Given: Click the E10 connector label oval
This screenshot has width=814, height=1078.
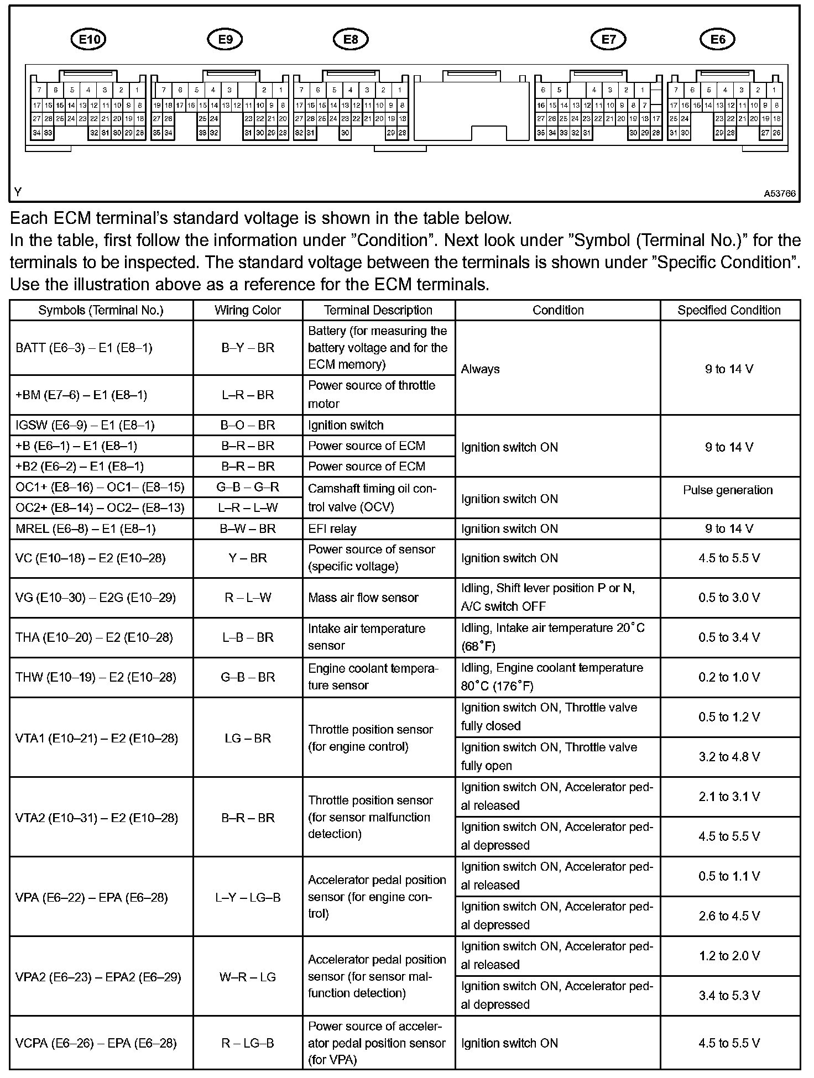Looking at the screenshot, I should click(88, 39).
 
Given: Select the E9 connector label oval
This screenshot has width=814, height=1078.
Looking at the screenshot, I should click(225, 39).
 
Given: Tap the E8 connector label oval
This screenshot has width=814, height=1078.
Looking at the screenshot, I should click(351, 39).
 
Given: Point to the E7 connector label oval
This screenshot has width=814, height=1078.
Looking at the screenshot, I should click(608, 39).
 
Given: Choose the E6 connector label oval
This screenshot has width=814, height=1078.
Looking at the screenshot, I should click(718, 39).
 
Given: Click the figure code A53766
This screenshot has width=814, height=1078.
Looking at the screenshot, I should click(780, 193).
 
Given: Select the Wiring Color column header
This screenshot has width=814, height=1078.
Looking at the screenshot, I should click(248, 310).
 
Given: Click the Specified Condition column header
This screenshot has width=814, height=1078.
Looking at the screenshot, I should click(729, 310).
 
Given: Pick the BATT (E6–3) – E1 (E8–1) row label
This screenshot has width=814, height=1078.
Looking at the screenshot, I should click(84, 348).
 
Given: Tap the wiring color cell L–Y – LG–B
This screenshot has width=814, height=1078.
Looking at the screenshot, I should click(248, 897).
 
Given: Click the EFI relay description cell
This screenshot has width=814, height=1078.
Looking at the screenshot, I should click(332, 528).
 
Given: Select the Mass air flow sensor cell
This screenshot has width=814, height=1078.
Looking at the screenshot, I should click(363, 598).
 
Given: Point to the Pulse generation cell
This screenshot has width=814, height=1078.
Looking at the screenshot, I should click(728, 490).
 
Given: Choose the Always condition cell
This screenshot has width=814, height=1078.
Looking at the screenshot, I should click(481, 369).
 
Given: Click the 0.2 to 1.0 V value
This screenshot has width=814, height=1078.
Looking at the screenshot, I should click(729, 677).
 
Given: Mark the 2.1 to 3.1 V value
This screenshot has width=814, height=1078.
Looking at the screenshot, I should click(729, 797).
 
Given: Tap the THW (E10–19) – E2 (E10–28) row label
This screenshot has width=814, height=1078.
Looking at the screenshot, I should click(96, 677).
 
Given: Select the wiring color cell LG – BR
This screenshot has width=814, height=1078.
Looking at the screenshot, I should click(248, 738).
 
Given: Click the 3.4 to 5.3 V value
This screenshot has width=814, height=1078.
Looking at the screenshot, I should click(729, 996).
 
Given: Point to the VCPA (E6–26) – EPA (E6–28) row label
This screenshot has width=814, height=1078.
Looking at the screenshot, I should click(96, 1043).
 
